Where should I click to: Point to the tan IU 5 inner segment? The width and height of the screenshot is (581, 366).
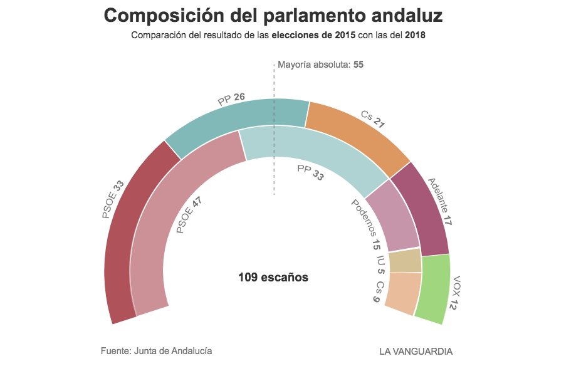[405, 261]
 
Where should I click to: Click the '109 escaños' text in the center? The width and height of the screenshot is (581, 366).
[273, 277]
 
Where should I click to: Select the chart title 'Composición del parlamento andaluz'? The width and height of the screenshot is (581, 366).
[273, 16]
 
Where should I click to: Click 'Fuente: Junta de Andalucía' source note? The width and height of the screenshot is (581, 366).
[156, 351]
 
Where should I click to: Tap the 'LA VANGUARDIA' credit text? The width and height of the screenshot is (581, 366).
[416, 351]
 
